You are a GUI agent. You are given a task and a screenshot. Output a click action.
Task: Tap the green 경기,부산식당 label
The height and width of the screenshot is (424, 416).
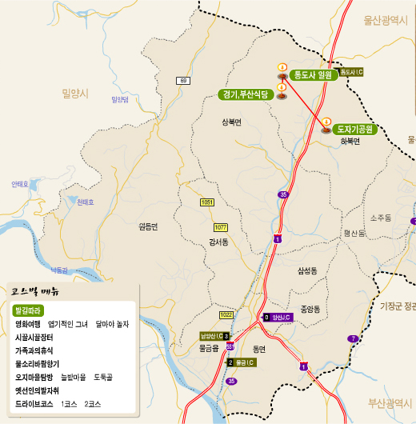(x=245, y=94)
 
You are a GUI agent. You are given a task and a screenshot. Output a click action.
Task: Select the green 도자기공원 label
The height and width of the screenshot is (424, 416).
(x=354, y=128)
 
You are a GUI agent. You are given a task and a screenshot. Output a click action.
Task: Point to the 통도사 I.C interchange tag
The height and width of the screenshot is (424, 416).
(x=352, y=72)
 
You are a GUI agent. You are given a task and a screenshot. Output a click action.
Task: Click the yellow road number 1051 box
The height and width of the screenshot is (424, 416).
(x=207, y=203)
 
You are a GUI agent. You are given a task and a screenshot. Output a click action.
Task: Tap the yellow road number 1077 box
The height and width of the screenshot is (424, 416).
(x=221, y=227)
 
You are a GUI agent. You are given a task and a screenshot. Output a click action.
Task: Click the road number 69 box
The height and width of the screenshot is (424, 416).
(x=183, y=81)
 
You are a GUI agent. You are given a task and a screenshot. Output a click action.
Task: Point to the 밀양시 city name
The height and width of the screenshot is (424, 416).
(x=74, y=94)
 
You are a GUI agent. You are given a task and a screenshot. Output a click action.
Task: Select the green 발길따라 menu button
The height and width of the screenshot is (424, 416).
(x=29, y=310)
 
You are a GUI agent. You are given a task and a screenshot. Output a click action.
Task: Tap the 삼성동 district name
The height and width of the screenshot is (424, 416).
(x=307, y=271)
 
